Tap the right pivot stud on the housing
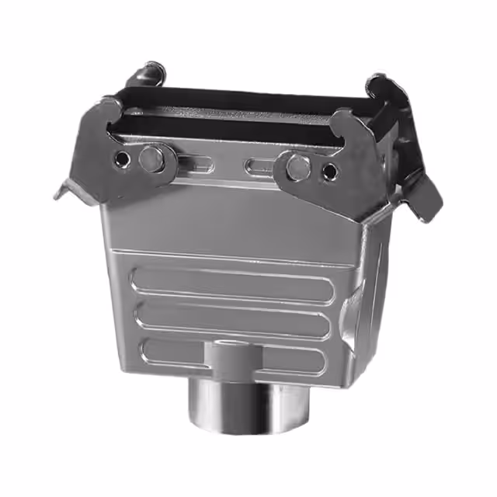pyautogui.click(x=296, y=165)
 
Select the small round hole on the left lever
pyautogui.click(x=122, y=160)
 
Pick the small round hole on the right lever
pyautogui.click(x=330, y=171)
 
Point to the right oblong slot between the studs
pyautogui.click(x=261, y=166)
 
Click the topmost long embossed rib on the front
pyautogui.click(x=233, y=283)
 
